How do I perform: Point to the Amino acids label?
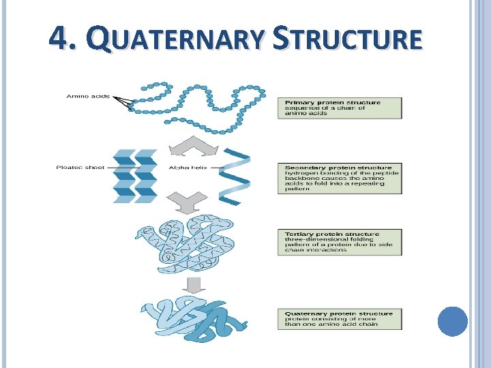coord(88,96)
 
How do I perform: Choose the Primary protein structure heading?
coord(332,102)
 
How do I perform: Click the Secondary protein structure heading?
coord(338,168)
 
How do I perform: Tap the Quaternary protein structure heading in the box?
coord(339,314)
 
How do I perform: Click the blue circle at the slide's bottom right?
coord(452,321)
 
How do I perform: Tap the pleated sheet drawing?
coord(135,175)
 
